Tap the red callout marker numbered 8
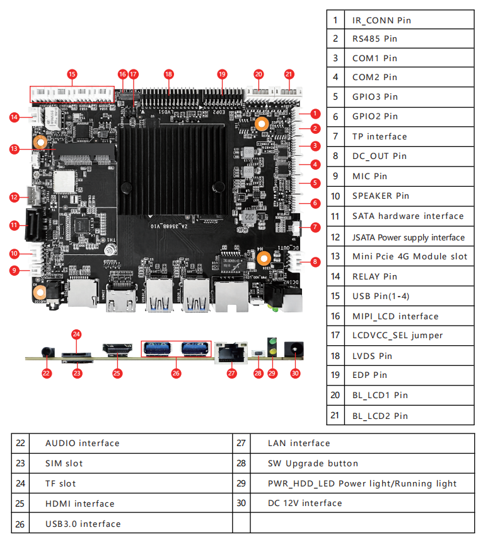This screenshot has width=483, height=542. click(x=315, y=261)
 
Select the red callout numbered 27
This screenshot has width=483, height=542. click(x=231, y=373)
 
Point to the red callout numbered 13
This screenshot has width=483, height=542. click(x=15, y=149)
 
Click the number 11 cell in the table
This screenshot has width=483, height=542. click(x=335, y=216)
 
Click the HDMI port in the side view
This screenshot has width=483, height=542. click(x=117, y=349)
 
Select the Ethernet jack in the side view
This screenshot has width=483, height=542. click(x=231, y=351)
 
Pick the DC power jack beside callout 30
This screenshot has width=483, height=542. click(x=293, y=349)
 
